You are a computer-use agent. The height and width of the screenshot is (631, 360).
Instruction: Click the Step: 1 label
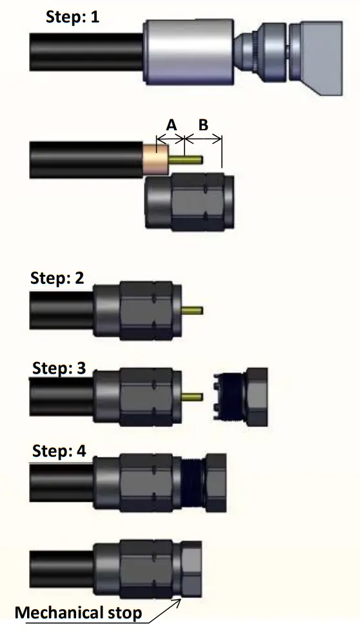tap(73, 16)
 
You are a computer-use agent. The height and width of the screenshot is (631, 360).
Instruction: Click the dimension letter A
tap(171, 125)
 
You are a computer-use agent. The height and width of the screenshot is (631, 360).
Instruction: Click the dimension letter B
tap(203, 125)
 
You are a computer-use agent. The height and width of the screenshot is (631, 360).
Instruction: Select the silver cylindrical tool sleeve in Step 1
tap(187, 51)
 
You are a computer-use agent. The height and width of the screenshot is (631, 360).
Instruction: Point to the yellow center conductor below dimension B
tap(194, 159)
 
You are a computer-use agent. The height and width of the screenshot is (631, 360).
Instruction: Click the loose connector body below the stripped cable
tap(190, 203)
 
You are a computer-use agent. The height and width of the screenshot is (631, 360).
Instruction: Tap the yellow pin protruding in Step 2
tap(194, 311)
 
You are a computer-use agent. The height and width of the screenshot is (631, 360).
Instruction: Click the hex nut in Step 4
tap(214, 478)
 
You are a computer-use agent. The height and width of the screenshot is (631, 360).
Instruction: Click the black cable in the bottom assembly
tap(62, 567)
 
